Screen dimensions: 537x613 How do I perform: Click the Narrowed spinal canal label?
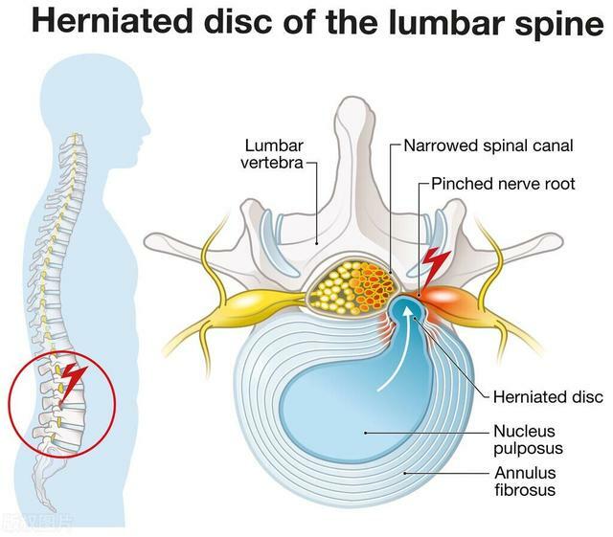[488, 146]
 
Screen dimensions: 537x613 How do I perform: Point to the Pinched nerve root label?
[502, 183]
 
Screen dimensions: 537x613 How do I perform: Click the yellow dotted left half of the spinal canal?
[335, 287]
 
